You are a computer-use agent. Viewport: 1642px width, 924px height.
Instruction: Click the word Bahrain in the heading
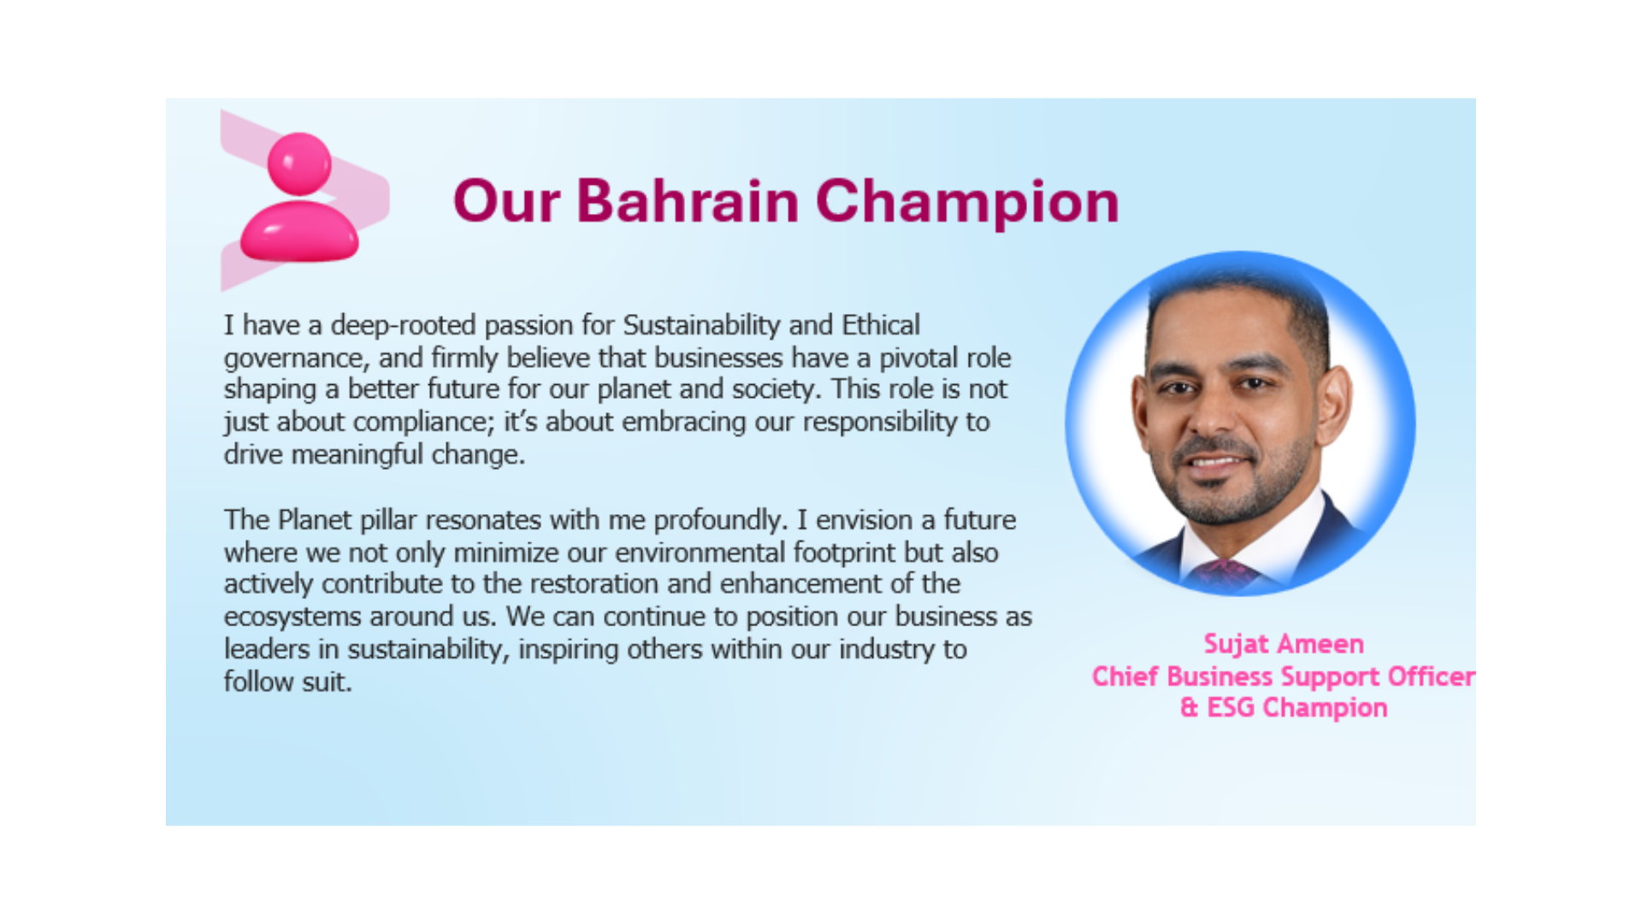point(688,201)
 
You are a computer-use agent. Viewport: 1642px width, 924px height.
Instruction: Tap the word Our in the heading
point(506,201)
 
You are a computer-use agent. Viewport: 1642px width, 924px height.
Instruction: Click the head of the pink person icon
point(299,163)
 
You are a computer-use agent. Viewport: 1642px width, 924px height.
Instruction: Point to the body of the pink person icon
point(299,230)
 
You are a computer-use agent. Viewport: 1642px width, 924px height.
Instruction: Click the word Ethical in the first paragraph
point(881,325)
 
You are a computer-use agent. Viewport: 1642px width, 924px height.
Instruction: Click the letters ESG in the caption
point(1231,708)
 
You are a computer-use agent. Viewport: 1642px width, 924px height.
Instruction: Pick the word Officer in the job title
point(1431,677)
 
